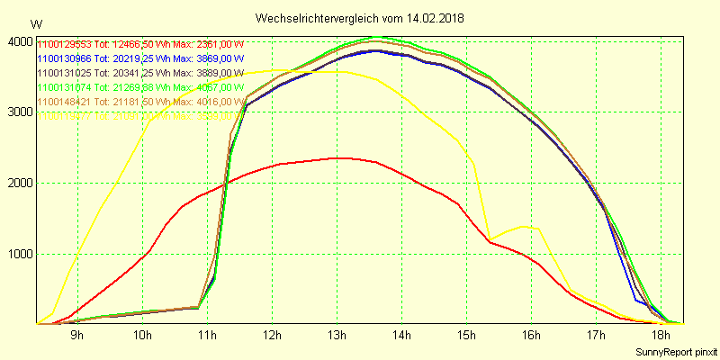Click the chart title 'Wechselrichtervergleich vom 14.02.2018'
pos(360,18)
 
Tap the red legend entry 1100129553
pos(139,44)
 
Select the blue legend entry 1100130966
pos(139,58)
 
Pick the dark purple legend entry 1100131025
pos(139,73)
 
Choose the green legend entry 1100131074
pos(139,87)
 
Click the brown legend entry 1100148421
pos(139,102)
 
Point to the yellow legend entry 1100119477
pos(139,116)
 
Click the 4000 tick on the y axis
pos(19,41)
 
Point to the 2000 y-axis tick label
pos(19,183)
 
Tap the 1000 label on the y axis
pos(19,254)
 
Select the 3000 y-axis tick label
pos(19,112)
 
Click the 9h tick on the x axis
pos(77,336)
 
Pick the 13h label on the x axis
pos(337,336)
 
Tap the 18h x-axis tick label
pos(661,336)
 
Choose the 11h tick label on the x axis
pos(207,336)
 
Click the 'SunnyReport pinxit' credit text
pos(675,351)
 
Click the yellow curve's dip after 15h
pos(489,238)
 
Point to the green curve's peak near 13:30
pos(376,37)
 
